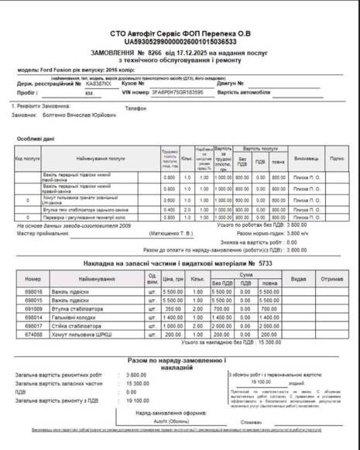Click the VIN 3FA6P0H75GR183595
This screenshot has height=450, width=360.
point(177,91)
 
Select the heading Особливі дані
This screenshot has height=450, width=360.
point(36,139)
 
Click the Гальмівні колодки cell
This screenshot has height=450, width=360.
point(74,316)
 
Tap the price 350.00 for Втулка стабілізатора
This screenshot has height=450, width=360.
point(172,307)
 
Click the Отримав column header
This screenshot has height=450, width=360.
point(332,278)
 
